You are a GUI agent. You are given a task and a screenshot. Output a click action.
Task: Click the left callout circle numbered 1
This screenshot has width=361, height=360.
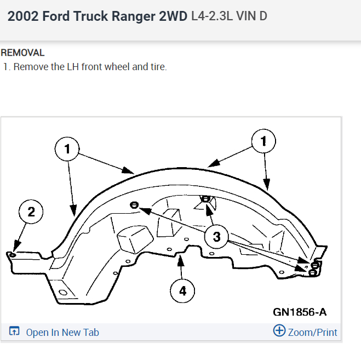point(68,148)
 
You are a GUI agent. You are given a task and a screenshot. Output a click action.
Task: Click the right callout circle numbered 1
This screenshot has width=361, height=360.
point(263,141)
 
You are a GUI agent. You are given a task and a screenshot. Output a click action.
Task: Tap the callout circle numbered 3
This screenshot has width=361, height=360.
point(216,237)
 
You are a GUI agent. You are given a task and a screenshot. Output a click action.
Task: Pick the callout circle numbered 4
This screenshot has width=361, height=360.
point(182,291)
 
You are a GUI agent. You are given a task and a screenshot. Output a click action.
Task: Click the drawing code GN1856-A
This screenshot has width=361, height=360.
point(300,312)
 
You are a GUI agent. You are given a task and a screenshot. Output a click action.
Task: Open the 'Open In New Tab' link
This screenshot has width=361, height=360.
point(62,332)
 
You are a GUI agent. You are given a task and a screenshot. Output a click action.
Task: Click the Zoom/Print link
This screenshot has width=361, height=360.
point(312,332)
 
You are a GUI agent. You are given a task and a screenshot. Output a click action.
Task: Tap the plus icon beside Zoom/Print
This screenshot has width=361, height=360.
point(279,331)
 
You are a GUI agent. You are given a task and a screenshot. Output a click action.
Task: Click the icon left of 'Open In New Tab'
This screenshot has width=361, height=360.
point(15,332)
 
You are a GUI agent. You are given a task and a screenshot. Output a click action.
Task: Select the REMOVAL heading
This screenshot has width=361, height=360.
point(22,53)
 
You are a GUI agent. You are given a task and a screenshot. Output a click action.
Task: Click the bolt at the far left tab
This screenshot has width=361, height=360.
point(13,254)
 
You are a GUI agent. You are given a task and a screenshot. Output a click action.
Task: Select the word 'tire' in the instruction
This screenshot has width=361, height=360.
point(157,67)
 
